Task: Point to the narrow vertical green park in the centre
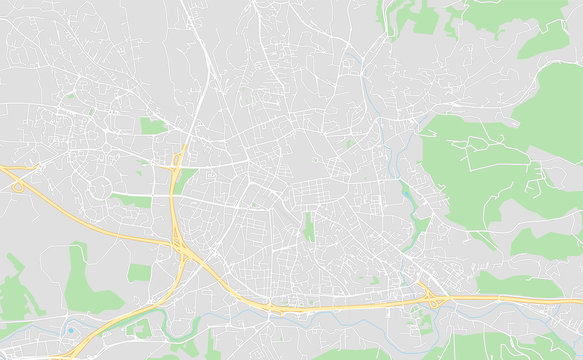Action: tap(309, 228)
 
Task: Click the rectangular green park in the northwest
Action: tap(153, 126)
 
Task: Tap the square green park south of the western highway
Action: tap(139, 272)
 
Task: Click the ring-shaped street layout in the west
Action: tap(104, 188)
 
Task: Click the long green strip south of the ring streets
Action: tap(130, 201)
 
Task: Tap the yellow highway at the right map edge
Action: tap(575, 299)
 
